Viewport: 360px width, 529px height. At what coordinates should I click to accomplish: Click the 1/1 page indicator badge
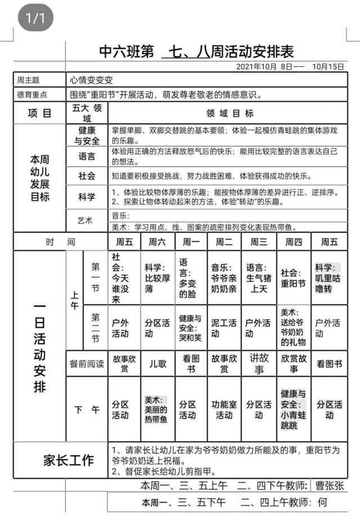point(35,19)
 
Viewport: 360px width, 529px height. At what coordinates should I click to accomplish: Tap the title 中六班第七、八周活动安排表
point(196,52)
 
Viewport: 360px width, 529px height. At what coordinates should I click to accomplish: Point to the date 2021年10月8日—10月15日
point(290,66)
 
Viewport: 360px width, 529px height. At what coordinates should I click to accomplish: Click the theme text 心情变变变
point(92,80)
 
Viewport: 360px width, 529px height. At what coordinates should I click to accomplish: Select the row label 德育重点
point(33,94)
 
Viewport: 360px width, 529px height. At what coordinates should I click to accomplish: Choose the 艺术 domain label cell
point(86,220)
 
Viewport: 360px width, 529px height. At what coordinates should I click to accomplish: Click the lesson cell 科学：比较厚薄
point(157,278)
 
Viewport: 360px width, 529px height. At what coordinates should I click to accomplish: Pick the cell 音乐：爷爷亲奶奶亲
point(224,278)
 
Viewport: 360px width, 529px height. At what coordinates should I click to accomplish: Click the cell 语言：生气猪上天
point(258,278)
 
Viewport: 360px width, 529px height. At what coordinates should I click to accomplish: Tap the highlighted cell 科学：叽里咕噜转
point(328,278)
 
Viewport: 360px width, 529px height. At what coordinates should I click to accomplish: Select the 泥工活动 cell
point(224,328)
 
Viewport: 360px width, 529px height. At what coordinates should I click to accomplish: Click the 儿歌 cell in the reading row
point(157,363)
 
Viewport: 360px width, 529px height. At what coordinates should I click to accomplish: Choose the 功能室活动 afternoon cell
point(224,409)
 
